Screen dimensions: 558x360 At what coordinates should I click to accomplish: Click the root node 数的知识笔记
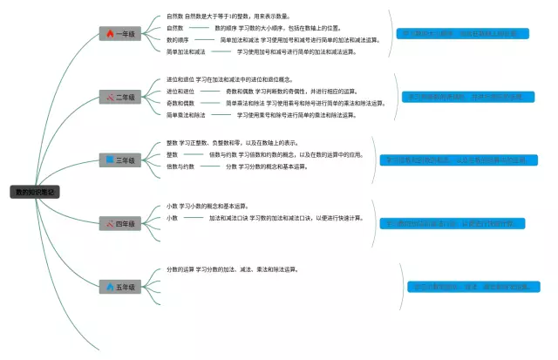point(35,192)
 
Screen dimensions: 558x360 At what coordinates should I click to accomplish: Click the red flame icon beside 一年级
point(110,34)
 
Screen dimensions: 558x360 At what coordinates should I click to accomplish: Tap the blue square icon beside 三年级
point(110,160)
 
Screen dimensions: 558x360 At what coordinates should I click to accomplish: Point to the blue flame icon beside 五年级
point(110,287)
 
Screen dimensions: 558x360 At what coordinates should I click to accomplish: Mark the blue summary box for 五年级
point(473,287)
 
